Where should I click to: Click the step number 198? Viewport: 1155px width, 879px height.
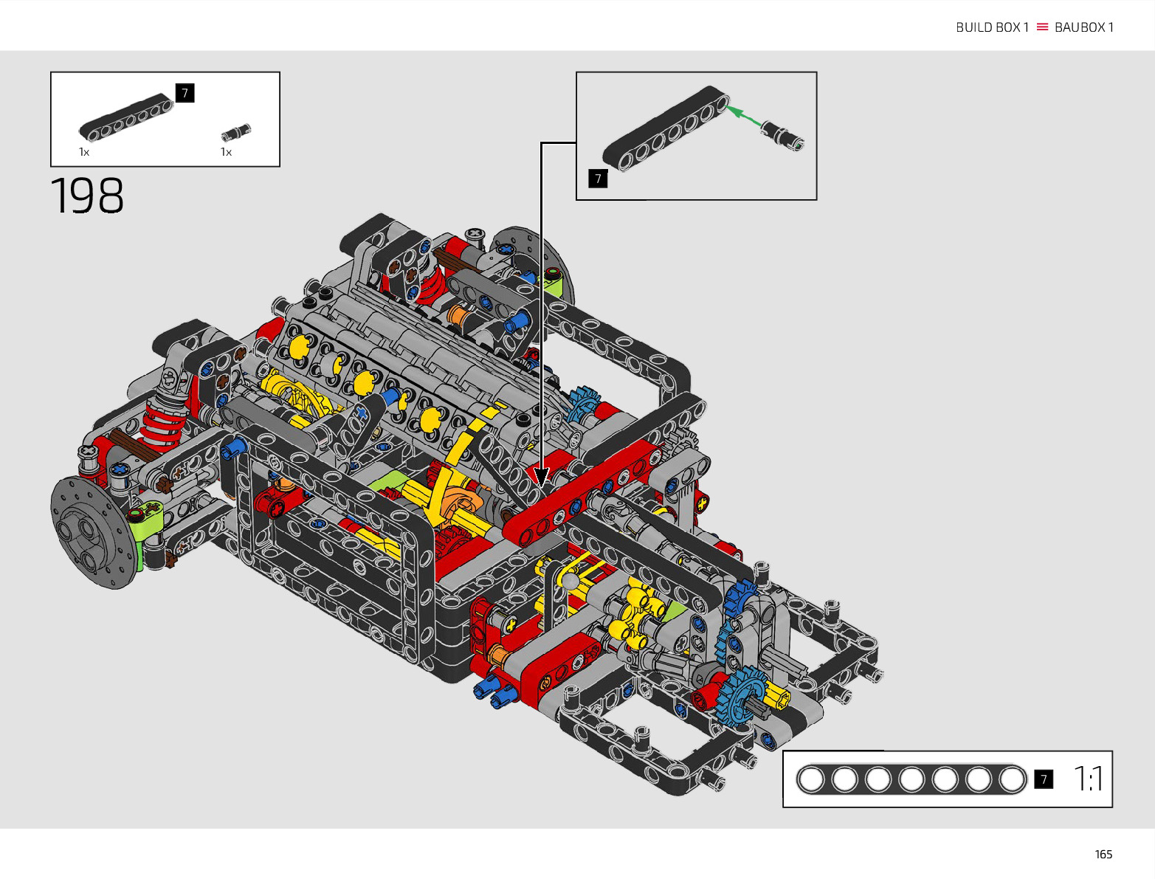click(x=87, y=195)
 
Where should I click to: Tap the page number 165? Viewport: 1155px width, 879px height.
click(x=1103, y=854)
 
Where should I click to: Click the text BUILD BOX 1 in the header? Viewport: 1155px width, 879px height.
click(x=992, y=27)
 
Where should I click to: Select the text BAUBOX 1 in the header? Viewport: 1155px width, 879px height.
click(x=1084, y=27)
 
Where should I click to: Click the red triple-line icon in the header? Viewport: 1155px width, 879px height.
click(x=1042, y=27)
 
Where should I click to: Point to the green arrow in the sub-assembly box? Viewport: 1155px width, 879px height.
click(x=743, y=116)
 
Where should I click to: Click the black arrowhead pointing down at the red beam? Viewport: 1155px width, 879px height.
click(x=541, y=477)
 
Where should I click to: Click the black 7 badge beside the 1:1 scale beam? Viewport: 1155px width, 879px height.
click(x=1044, y=779)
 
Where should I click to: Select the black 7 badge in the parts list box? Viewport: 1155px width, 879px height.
click(x=185, y=93)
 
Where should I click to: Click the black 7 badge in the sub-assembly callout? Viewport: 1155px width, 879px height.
click(x=598, y=179)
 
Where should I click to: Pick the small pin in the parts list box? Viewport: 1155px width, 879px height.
click(x=235, y=133)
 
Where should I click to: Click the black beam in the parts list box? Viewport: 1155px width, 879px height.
click(x=126, y=117)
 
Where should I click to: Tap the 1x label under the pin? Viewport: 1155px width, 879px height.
click(x=226, y=152)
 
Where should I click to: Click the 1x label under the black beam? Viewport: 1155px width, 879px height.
click(x=84, y=152)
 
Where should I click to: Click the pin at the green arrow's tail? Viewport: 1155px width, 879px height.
click(x=782, y=137)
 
